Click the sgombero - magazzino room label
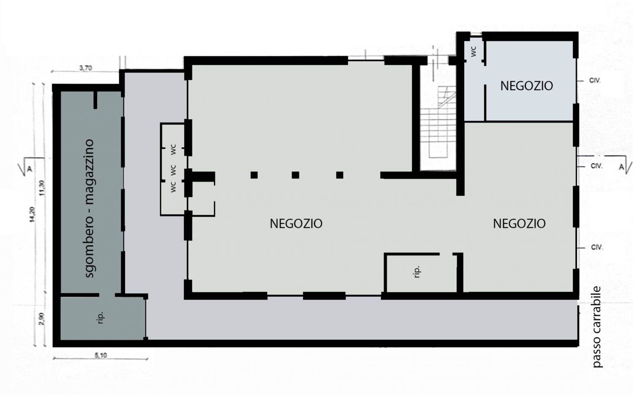[89, 208]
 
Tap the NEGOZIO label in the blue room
[527, 86]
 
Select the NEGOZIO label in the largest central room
[296, 224]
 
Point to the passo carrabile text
[597, 327]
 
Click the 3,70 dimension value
[86, 68]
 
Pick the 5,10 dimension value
[101, 356]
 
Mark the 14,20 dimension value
[32, 214]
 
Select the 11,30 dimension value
[42, 188]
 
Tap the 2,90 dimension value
[41, 318]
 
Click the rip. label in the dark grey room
[100, 318]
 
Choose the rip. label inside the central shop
[417, 272]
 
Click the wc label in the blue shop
[473, 52]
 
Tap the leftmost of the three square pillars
[254, 175]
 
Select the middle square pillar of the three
[295, 175]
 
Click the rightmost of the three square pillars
[340, 175]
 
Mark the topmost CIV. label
[595, 80]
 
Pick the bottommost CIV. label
[597, 248]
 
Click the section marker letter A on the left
[30, 169]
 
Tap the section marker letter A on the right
[622, 167]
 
